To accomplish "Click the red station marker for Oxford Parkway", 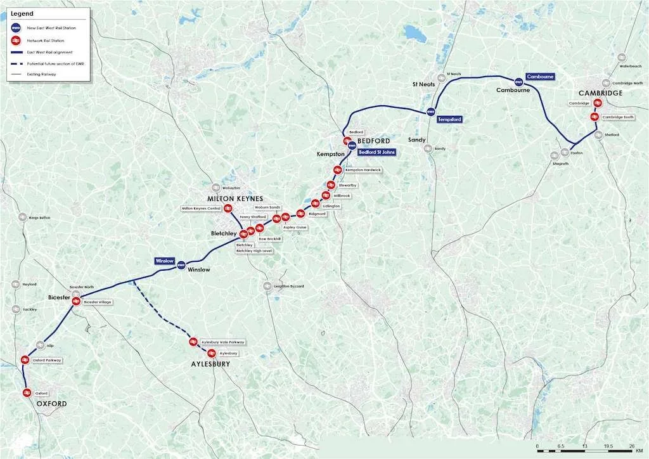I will click(26, 359).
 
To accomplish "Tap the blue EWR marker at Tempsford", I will click(431, 112).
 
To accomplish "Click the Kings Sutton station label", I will click(39, 217).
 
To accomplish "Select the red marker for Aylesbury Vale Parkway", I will click(193, 342).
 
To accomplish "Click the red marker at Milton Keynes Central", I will click(228, 209).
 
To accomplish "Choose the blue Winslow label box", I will click(164, 261).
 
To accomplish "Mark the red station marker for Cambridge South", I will click(594, 117).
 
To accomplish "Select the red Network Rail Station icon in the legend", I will click(14, 40).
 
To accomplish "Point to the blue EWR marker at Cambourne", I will click(518, 81).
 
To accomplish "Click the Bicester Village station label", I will click(97, 302).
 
